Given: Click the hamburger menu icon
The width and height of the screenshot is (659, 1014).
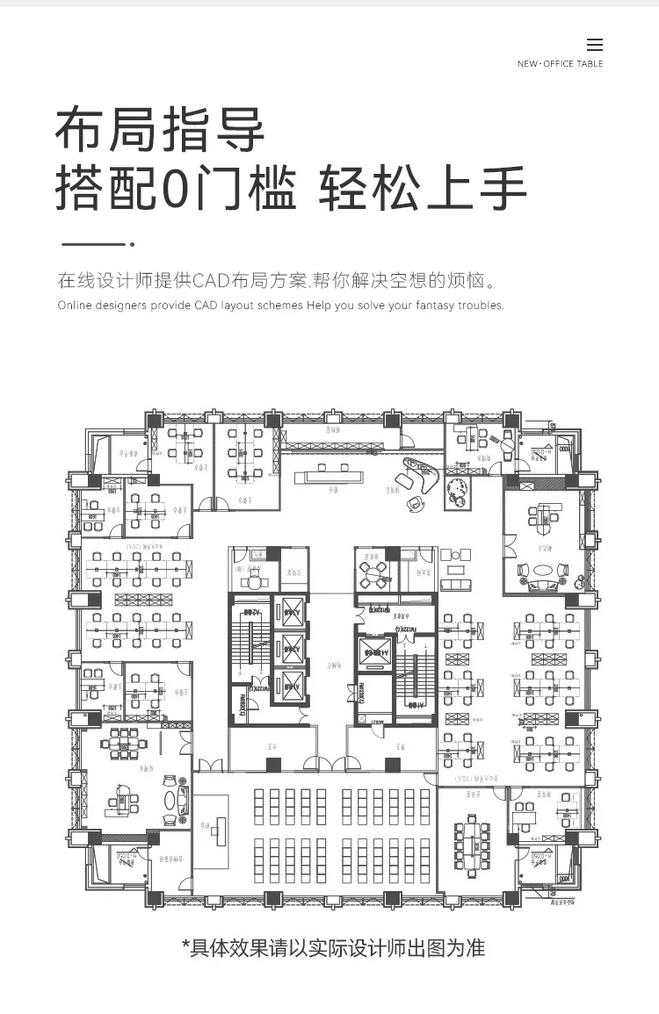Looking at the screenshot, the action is click(595, 46).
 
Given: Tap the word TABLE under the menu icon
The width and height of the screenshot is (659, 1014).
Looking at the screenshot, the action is click(590, 64).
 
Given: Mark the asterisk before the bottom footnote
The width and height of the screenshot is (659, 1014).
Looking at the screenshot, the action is click(185, 947).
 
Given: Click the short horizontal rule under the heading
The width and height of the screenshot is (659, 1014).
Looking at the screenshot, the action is click(93, 244).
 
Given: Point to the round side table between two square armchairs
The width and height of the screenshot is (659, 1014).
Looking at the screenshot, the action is click(454, 555).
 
